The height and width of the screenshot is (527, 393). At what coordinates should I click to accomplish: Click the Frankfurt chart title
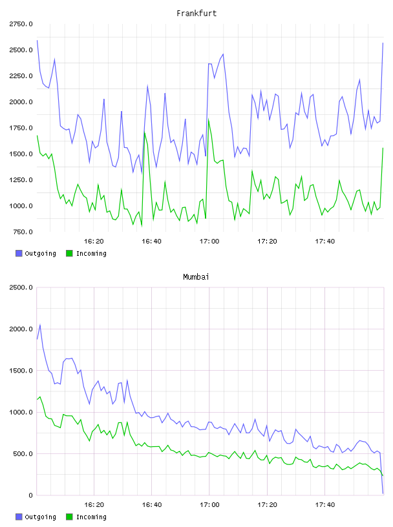pos(197,14)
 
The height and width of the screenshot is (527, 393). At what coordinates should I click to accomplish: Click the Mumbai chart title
pos(196,277)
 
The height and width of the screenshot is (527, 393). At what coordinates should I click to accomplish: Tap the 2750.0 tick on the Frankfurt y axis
pos(21,24)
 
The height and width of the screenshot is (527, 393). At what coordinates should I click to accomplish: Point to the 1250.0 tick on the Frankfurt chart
pos(21,180)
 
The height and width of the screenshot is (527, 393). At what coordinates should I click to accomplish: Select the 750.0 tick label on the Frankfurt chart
pos(23,232)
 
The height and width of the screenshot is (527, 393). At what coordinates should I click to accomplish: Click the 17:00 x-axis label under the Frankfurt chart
pos(209,242)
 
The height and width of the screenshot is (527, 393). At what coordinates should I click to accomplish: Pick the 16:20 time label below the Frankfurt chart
pos(94,242)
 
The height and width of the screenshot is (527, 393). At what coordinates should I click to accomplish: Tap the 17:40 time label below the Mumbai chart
pos(325,505)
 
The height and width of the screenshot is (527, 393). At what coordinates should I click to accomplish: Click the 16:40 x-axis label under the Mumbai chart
pos(152,505)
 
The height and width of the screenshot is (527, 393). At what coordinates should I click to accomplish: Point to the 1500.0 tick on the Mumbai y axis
pos(21,370)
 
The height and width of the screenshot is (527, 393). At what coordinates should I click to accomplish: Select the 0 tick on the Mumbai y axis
pos(30,495)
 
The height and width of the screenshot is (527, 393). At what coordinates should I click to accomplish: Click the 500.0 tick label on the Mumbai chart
pos(23,454)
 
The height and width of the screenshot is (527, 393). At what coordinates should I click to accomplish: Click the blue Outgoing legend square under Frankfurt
pos(19,253)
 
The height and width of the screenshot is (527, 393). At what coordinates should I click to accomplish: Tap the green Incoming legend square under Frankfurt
pos(69,253)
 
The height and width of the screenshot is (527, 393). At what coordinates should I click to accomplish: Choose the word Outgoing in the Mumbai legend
pos(40,517)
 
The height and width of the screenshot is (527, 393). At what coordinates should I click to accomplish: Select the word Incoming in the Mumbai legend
pos(91,517)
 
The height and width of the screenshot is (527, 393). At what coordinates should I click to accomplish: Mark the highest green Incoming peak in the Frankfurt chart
pos(209,119)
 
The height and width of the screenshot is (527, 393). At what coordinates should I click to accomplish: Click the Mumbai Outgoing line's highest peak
pos(40,325)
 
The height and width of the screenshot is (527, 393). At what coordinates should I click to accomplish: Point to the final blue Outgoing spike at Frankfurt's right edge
pos(383,43)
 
